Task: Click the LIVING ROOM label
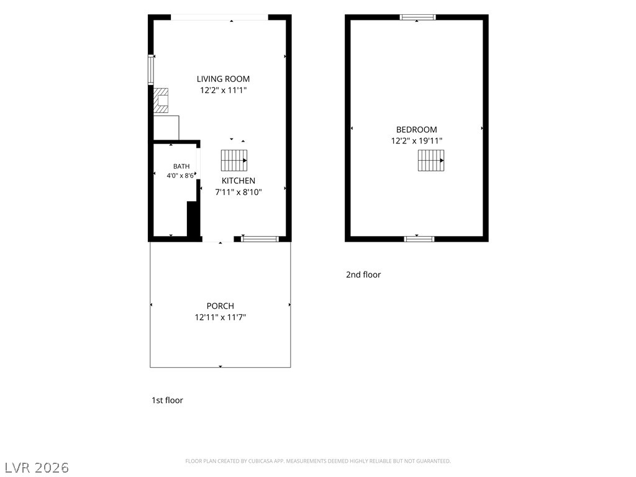[223, 79]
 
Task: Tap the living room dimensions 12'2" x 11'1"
[223, 90]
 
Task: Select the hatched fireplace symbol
[161, 100]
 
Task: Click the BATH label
[181, 166]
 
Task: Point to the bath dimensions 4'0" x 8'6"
[180, 176]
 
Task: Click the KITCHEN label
[238, 181]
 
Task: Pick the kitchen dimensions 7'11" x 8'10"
[238, 192]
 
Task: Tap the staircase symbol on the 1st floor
[234, 160]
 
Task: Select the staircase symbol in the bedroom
[431, 160]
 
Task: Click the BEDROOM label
[417, 130]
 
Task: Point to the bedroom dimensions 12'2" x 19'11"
[417, 141]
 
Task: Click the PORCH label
[220, 306]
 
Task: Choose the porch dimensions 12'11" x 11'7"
[220, 317]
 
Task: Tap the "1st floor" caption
[167, 401]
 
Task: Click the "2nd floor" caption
[363, 275]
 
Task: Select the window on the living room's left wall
[150, 70]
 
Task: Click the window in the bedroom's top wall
[417, 17]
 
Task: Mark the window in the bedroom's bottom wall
[419, 239]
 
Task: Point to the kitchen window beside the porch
[260, 239]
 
